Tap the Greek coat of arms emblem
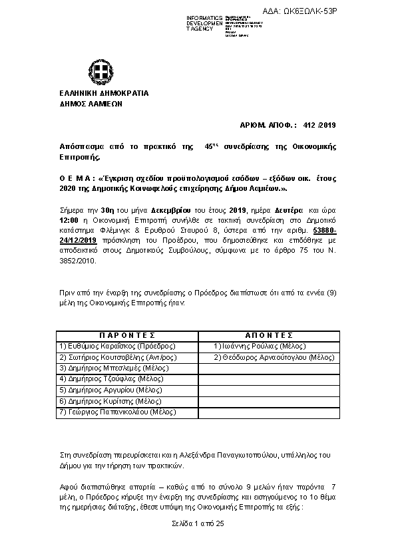(x=96, y=72)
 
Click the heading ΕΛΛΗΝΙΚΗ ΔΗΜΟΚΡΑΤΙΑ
(x=95, y=94)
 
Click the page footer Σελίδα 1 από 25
(x=198, y=524)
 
